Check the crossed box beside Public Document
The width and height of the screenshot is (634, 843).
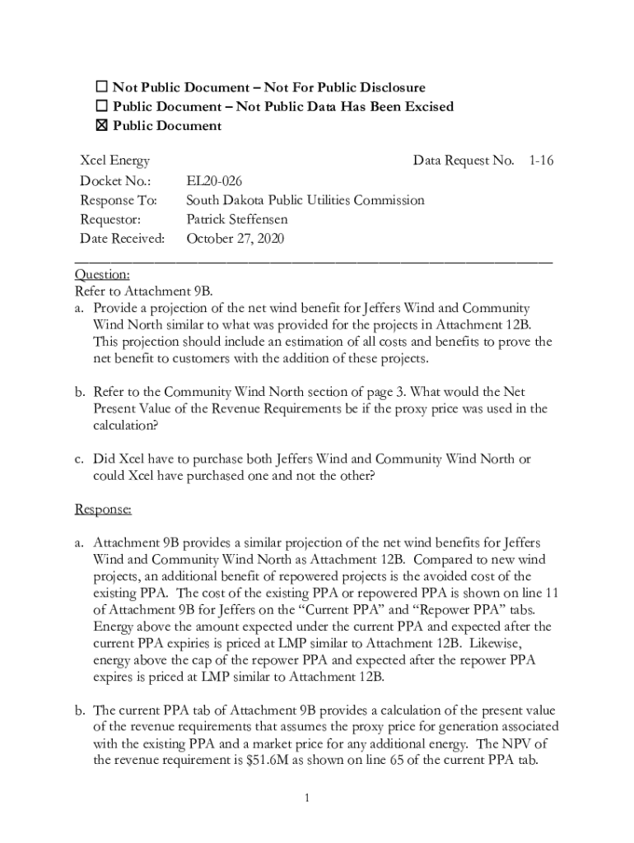coord(102,126)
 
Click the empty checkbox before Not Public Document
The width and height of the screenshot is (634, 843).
coord(102,87)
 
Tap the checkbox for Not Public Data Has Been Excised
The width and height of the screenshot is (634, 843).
coord(102,106)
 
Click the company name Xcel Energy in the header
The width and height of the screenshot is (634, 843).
coord(114,161)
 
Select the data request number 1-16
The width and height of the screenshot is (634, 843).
coord(541,161)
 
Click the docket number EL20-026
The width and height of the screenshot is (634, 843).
coord(214,181)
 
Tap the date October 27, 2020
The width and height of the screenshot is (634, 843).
coord(235,240)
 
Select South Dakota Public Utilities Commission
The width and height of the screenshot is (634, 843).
coord(305,200)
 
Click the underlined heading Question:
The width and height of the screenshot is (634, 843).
coord(101,275)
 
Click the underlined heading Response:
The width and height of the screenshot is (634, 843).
coord(103,510)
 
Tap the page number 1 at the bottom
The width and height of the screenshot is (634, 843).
coord(305,798)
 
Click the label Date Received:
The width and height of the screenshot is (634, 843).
coord(122,240)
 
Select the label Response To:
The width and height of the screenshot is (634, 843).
coord(119,200)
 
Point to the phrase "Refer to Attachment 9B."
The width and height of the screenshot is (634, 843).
coord(143,291)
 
